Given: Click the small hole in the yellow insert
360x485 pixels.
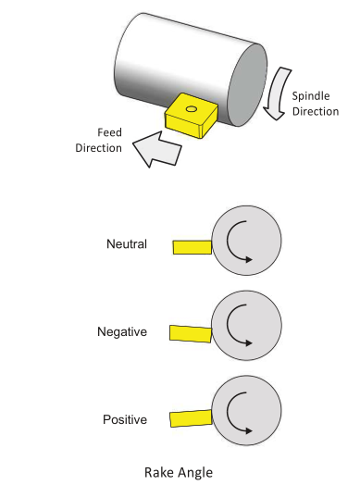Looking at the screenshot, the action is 192,109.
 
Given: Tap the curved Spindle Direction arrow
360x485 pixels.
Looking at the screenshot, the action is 278,93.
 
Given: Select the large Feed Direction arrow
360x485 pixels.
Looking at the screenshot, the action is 156,149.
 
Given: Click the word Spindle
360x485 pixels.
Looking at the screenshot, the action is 311,96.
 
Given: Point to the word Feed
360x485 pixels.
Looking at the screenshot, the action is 109,132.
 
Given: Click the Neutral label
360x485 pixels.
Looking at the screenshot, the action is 127,244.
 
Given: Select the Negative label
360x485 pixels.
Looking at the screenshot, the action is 122,332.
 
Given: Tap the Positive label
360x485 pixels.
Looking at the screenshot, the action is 125,419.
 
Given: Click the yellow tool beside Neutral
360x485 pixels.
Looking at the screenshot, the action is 192,247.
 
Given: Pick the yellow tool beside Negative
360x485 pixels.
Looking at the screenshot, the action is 191,334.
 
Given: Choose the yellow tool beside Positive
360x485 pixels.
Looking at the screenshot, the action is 192,418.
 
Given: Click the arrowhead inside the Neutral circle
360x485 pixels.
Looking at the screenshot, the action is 249,259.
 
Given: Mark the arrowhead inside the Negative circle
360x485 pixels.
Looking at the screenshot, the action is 249,342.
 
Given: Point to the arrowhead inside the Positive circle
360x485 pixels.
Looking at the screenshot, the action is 249,430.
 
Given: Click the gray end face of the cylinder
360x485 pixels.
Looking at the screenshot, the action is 247,85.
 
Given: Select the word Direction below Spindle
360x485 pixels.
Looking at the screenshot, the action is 316,111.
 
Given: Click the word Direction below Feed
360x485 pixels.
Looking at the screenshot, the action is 99,148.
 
